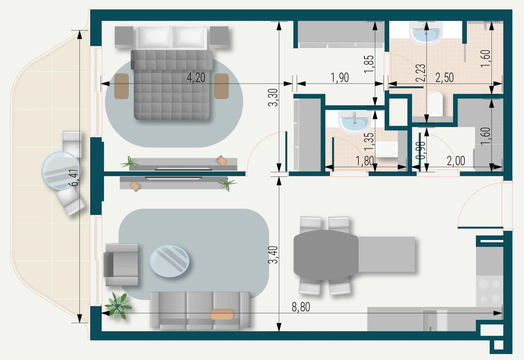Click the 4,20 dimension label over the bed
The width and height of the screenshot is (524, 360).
coord(196,78)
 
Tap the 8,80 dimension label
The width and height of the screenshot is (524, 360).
coord(301,307)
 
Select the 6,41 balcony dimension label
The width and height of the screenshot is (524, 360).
coord(74,178)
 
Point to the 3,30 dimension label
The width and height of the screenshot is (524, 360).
coord(273,97)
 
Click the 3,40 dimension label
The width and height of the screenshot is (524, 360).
coord(273,255)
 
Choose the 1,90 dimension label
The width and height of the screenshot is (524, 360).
coord(340,78)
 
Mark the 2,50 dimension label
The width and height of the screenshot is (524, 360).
coord(444,78)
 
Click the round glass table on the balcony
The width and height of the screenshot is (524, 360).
coord(61,170)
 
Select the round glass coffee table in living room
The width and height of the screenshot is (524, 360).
coord(169,261)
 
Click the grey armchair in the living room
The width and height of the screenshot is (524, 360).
coord(121,265)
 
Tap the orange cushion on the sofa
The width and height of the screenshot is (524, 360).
coord(222,314)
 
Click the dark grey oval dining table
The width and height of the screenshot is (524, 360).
coord(326,255)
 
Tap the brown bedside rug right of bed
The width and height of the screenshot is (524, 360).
coord(222,86)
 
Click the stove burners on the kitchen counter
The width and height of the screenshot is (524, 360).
coord(490,291)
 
